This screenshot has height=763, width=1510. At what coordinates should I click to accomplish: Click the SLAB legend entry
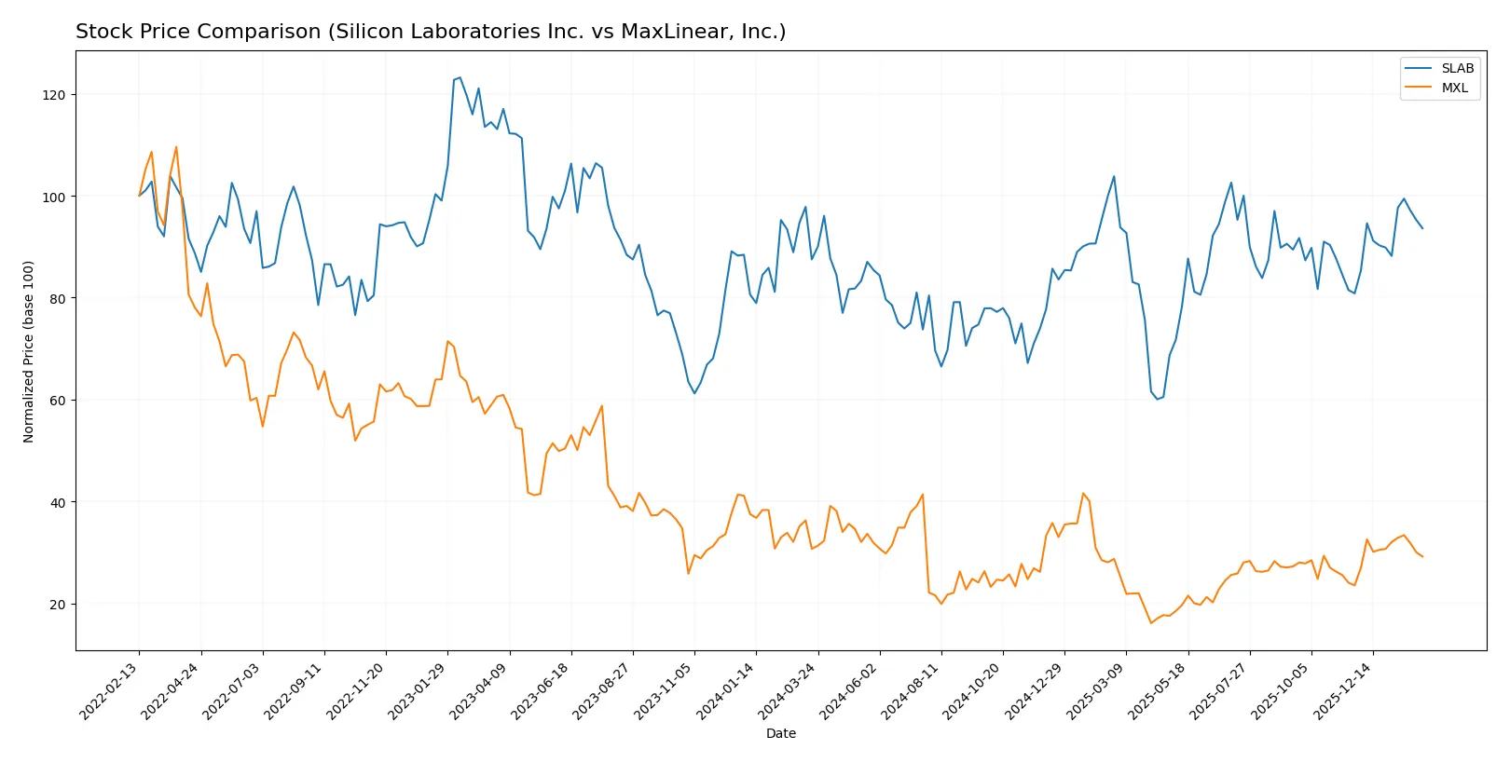point(1457,68)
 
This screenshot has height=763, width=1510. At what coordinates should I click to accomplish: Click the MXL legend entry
point(1454,88)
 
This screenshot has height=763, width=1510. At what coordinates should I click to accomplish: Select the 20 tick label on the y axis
point(58,604)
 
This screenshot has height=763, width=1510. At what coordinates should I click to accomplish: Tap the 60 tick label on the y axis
point(58,401)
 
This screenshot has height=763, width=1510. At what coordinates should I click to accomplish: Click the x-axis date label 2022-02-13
point(110,691)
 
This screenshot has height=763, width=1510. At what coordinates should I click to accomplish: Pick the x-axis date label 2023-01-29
point(419,691)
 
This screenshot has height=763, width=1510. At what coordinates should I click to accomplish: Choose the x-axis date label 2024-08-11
point(912,691)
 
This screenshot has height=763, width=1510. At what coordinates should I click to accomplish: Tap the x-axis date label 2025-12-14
point(1343,691)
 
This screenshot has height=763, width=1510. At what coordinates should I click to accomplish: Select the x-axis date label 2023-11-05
point(665,691)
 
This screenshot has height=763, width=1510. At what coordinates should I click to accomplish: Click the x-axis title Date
point(780,733)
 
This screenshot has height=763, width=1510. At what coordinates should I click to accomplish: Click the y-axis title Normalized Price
point(29,351)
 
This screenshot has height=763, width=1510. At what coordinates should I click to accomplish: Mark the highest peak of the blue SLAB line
point(460,77)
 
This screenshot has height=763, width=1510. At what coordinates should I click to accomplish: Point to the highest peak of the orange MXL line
point(176,146)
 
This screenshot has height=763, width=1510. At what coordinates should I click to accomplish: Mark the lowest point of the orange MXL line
point(1151,622)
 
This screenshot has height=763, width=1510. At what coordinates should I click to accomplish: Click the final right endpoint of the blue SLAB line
point(1422,228)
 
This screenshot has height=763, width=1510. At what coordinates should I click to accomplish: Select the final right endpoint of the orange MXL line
point(1422,557)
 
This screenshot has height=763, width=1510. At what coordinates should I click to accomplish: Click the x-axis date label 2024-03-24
point(789,691)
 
